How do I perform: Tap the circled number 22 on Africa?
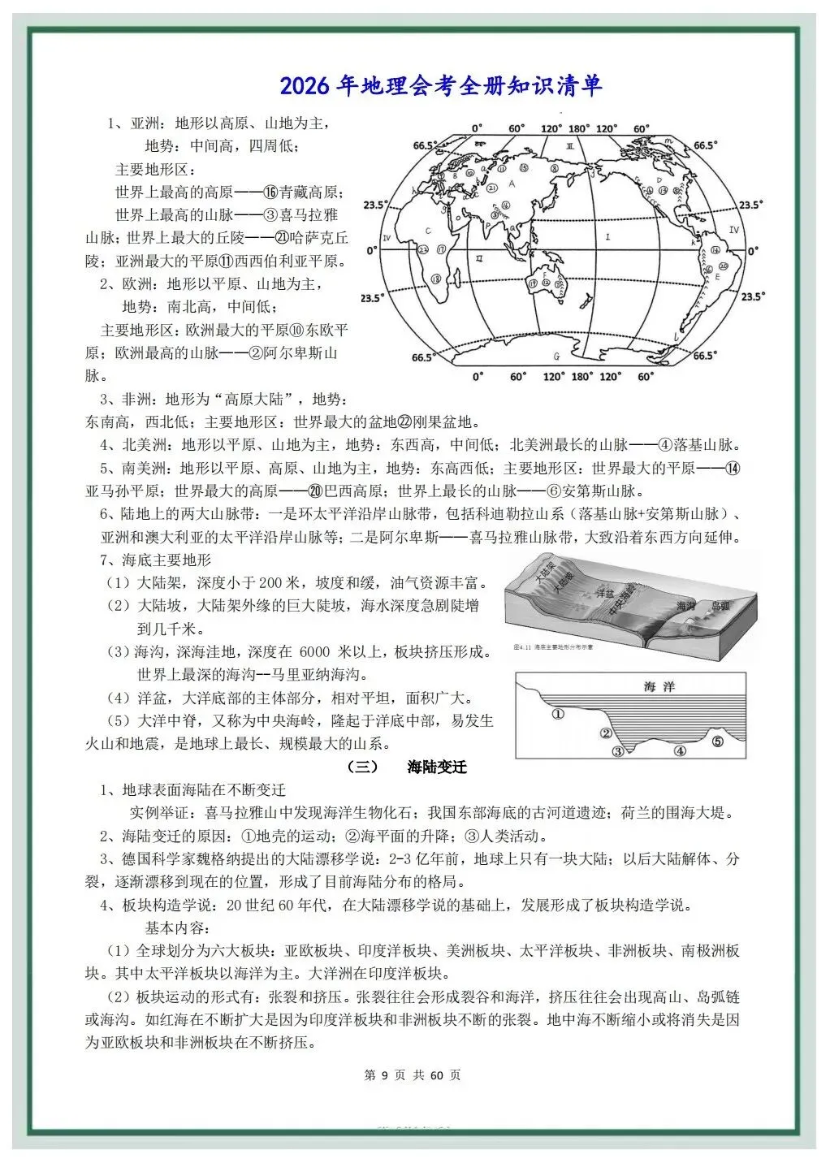(423, 249)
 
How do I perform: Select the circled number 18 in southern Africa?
(436, 279)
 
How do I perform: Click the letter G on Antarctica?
(556, 356)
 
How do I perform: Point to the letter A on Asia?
(511, 183)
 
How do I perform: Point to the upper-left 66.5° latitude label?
(424, 145)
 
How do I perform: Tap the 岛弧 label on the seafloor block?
(720, 606)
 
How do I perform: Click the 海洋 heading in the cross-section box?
(659, 686)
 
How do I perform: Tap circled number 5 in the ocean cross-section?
(717, 740)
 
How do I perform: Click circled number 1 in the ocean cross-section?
(557, 714)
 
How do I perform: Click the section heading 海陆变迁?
(437, 766)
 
